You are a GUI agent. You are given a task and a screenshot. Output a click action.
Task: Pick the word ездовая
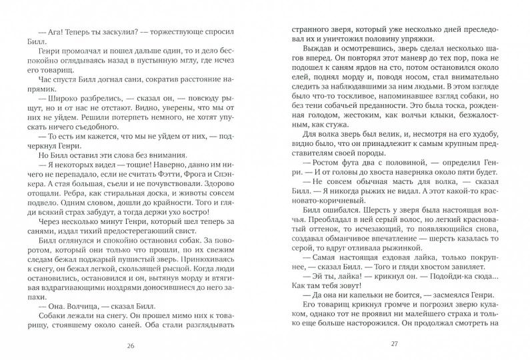377,293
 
